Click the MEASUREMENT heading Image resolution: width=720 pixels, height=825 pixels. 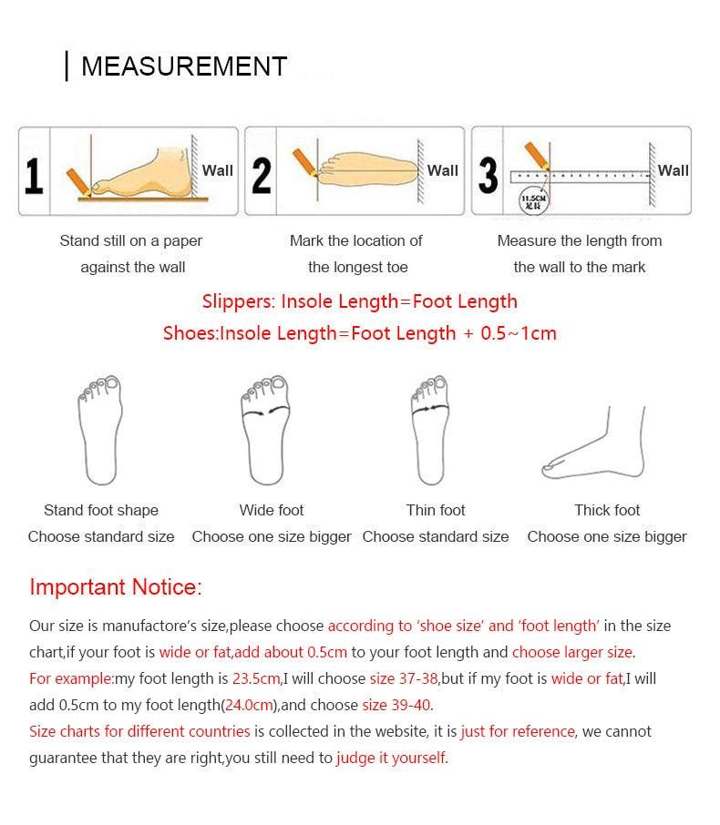point(183,66)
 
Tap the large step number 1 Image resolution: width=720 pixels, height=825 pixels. point(34,175)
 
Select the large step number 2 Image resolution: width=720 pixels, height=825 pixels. point(262,175)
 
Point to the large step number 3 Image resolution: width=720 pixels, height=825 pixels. point(489,175)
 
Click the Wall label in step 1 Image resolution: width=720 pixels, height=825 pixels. point(218,170)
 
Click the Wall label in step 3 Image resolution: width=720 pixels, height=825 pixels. point(674,170)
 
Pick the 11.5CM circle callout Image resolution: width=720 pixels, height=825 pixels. point(531,201)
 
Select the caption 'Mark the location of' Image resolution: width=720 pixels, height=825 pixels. point(356,240)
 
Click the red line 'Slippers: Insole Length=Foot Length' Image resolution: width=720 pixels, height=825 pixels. point(359,301)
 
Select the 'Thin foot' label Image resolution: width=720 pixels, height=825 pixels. point(436,510)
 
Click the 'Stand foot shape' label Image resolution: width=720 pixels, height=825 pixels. point(101,510)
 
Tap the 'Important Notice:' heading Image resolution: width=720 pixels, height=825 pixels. point(115,586)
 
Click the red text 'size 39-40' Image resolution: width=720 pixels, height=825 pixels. point(396,705)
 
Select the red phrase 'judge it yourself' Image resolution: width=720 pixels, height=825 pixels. point(391,758)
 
